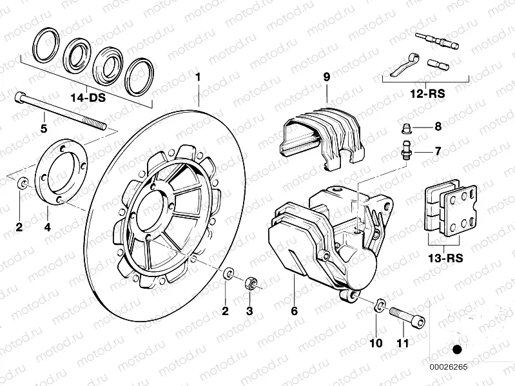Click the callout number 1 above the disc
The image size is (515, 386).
[199, 79]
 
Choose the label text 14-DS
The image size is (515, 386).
[88, 99]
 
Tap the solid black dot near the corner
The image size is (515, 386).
[458, 349]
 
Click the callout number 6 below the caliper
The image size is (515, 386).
[294, 311]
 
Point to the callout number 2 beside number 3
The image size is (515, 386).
[226, 311]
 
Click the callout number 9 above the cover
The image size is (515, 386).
[326, 78]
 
